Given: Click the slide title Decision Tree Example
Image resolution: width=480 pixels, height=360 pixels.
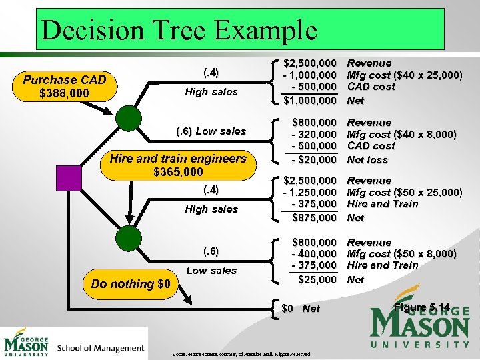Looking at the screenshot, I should click(x=179, y=30).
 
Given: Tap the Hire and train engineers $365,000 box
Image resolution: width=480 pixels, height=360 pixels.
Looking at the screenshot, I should click(x=178, y=165).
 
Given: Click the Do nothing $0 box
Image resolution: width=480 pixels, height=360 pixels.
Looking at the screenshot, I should click(x=131, y=283).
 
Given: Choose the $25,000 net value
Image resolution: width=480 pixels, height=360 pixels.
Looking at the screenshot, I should click(x=317, y=279).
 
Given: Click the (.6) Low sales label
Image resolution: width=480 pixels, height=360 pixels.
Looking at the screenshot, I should click(x=211, y=131).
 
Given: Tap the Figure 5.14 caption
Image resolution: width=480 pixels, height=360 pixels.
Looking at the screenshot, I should click(x=423, y=307).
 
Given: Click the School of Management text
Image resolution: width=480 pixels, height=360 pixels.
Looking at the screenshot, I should click(x=101, y=348).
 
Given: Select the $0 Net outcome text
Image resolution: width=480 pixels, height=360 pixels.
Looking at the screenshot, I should click(x=301, y=309).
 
